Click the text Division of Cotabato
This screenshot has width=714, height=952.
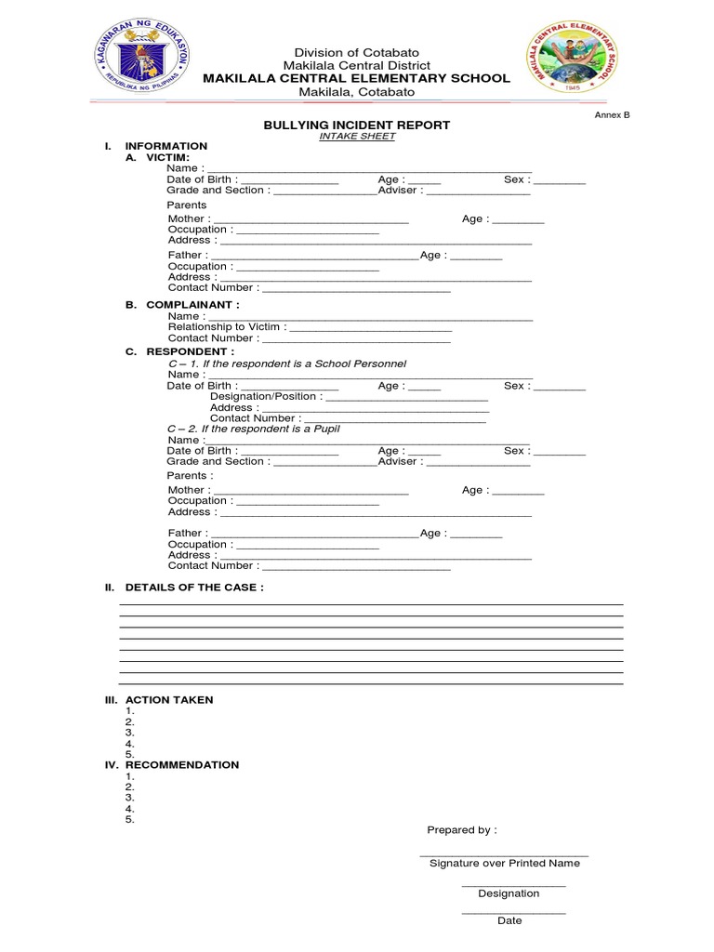[x=357, y=52]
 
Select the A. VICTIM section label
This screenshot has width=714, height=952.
[x=165, y=157]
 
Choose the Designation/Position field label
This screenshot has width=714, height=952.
[x=267, y=396]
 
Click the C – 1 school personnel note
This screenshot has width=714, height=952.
[x=286, y=364]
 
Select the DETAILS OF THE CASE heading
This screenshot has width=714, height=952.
[x=194, y=588]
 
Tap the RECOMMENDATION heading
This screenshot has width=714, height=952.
[x=181, y=765]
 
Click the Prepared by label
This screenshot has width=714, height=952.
[x=461, y=830]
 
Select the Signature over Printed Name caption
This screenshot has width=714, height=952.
[x=504, y=864]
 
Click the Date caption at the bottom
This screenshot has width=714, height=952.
[x=509, y=921]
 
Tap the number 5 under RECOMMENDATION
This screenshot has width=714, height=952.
[x=129, y=820]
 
